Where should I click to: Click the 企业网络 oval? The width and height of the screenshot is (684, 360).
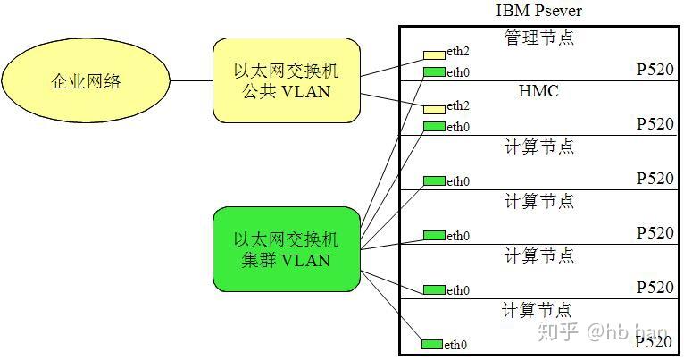click(x=85, y=82)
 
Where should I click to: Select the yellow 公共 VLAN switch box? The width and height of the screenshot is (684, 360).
click(x=286, y=80)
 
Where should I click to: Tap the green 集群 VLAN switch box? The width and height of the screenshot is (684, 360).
click(x=286, y=249)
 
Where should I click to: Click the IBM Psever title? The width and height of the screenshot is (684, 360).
click(x=539, y=12)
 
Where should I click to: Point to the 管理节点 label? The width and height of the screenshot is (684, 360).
click(x=538, y=38)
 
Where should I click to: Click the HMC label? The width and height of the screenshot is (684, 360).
click(x=538, y=91)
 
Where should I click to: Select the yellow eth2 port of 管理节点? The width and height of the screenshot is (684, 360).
click(x=434, y=55)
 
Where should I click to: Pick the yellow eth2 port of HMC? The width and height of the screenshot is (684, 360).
click(x=434, y=108)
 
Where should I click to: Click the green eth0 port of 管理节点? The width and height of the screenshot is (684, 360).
click(x=434, y=71)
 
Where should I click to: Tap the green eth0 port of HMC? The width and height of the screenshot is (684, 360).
click(x=434, y=126)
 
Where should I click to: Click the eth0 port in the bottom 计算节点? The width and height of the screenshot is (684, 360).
click(x=432, y=344)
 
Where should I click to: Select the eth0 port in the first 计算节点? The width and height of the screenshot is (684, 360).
click(x=434, y=180)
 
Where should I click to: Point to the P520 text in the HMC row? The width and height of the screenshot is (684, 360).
click(x=655, y=124)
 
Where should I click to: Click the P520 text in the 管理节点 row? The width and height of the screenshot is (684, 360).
click(x=655, y=70)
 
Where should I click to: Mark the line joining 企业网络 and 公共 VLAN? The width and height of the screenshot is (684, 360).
click(x=191, y=81)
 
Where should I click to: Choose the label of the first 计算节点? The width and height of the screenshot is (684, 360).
click(x=538, y=147)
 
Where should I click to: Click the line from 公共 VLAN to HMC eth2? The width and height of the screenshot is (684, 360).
click(x=393, y=101)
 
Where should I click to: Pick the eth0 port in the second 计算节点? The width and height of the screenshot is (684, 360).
click(x=434, y=235)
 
